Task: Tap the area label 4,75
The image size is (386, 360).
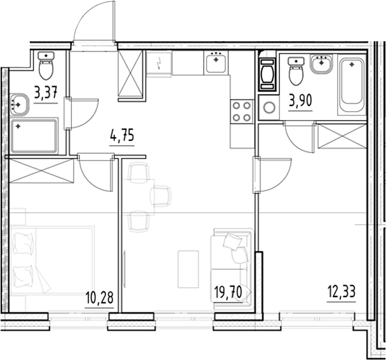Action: (x=122, y=136)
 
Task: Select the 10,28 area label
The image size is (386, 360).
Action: (x=100, y=297)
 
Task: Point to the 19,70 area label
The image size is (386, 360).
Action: (x=228, y=292)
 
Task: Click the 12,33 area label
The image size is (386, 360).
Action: (x=342, y=292)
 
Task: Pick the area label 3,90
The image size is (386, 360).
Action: (x=300, y=101)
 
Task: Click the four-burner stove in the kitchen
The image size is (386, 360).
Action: (x=242, y=112)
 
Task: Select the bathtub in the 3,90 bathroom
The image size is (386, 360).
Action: (x=352, y=84)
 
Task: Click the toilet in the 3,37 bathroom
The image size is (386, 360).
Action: (x=46, y=65)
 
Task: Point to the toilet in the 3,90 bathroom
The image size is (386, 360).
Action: (x=296, y=71)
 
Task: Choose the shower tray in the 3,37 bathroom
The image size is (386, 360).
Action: (x=34, y=136)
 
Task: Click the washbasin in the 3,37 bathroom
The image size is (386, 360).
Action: (x=19, y=104)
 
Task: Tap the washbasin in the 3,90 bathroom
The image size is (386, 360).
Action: (x=321, y=63)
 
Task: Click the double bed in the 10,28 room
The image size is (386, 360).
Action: (x=52, y=260)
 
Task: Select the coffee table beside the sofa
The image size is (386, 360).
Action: (x=189, y=269)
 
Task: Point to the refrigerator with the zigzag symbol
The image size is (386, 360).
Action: (x=159, y=63)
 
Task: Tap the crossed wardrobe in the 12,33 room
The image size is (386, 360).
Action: (x=342, y=136)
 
